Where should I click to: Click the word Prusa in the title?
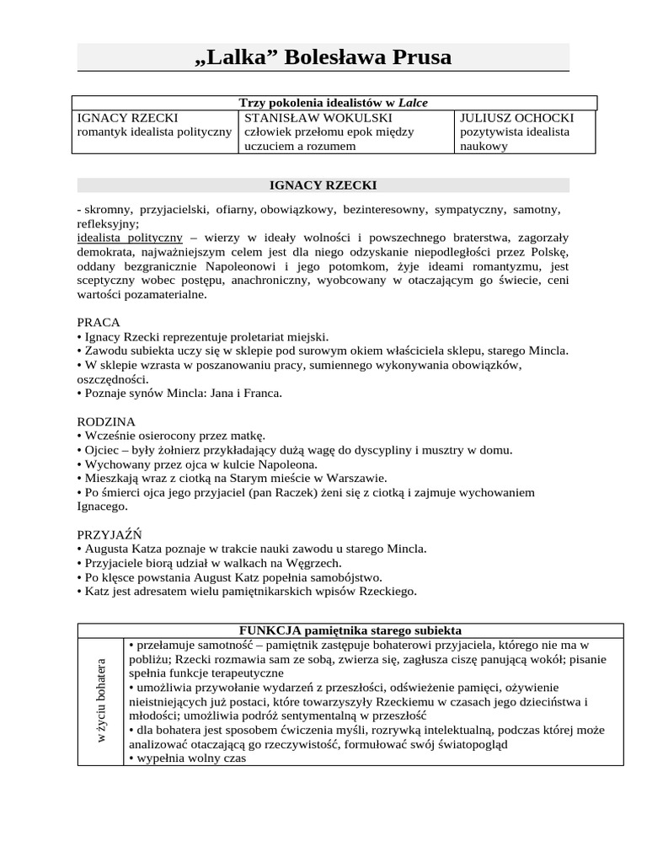tap(410, 57)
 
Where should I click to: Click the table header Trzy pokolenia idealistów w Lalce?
tap(334, 103)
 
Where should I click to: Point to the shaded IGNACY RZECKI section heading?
tap(323, 185)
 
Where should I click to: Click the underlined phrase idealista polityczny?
tap(130, 238)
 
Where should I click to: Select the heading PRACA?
tap(99, 322)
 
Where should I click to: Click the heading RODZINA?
tap(106, 421)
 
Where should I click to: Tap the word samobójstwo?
tap(345, 577)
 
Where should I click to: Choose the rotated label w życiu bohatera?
tap(101, 700)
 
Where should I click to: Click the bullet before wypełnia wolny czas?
tap(131, 758)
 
